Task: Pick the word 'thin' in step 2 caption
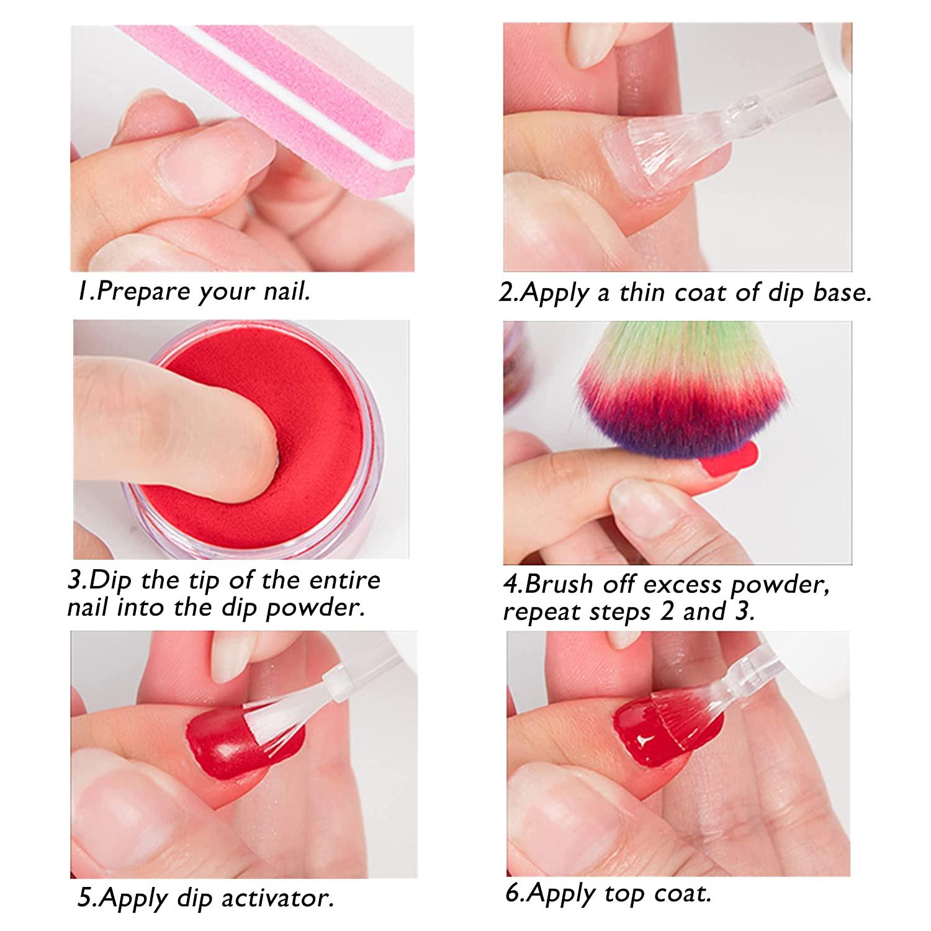click(x=642, y=293)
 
